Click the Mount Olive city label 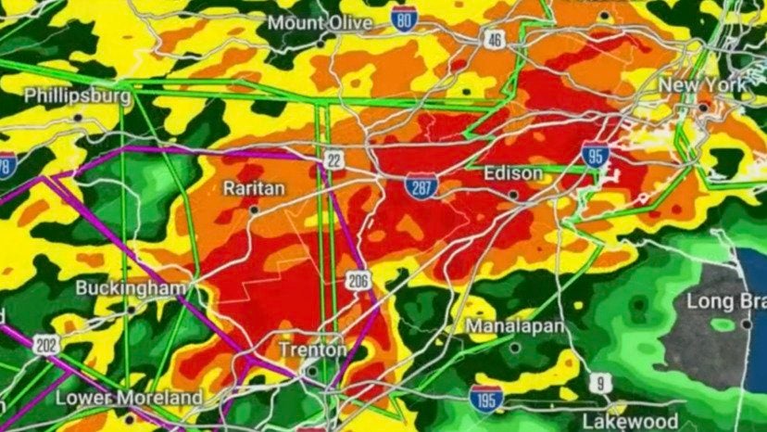coord(321,22)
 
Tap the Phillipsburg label coord(77,95)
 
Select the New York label coord(701,84)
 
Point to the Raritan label coord(254,188)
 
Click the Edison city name coord(510,173)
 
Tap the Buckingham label coord(131,287)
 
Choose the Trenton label coord(313,350)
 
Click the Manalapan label coord(513,326)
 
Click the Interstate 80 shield coord(402,18)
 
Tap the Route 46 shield coord(494,39)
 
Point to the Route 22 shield coord(334,160)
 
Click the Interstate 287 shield coord(420,187)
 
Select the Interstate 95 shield coord(596,154)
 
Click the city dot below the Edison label coord(512,195)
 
